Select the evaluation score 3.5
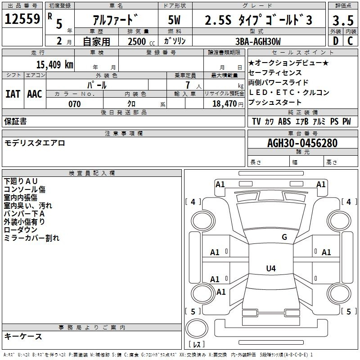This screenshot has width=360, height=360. (x=342, y=20)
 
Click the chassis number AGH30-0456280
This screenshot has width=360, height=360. (x=302, y=143)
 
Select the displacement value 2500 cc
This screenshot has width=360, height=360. (x=139, y=41)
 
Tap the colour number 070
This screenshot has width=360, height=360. (x=75, y=104)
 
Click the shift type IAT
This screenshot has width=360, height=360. (x=13, y=94)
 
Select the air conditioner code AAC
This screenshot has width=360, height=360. (x=34, y=94)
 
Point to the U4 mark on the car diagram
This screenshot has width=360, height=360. (x=270, y=269)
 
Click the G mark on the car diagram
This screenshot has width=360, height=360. (x=284, y=237)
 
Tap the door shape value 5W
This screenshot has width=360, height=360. (x=175, y=20)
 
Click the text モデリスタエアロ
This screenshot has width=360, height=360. (x=35, y=143)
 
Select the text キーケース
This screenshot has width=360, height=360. (x=23, y=336)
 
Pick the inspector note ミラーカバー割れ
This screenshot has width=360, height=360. (x=31, y=238)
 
